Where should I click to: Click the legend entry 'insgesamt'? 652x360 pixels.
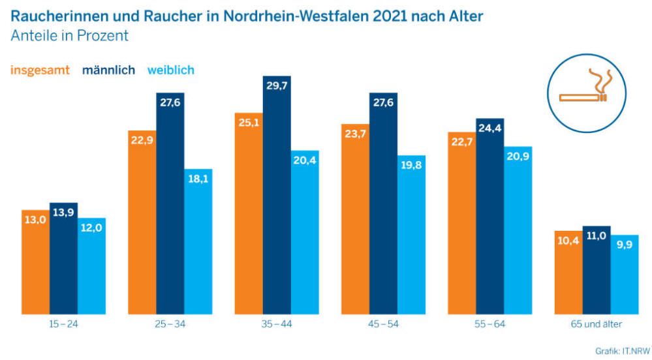click(40, 70)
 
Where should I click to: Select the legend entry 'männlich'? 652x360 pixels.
click(108, 70)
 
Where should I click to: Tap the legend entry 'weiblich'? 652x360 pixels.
click(171, 70)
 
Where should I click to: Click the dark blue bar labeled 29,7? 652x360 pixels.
click(277, 195)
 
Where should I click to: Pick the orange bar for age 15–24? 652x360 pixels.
click(35, 262)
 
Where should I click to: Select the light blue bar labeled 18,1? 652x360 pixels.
click(198, 241)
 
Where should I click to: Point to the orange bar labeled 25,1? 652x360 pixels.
click(249, 213)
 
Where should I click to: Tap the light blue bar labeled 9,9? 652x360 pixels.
click(625, 275)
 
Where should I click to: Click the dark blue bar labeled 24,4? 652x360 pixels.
click(490, 216)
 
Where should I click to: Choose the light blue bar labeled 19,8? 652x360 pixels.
click(411, 235)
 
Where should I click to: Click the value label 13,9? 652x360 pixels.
click(63, 213)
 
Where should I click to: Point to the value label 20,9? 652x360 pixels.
click(518, 156)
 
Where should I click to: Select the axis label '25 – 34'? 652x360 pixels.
click(170, 324)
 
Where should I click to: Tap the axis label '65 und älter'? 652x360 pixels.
click(597, 324)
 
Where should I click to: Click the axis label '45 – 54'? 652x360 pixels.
click(383, 324)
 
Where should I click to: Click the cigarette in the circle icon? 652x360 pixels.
click(582, 98)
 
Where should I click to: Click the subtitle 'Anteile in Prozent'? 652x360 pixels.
click(69, 36)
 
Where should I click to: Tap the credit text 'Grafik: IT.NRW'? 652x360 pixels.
click(623, 352)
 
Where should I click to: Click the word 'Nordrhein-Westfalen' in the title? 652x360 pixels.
click(296, 16)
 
